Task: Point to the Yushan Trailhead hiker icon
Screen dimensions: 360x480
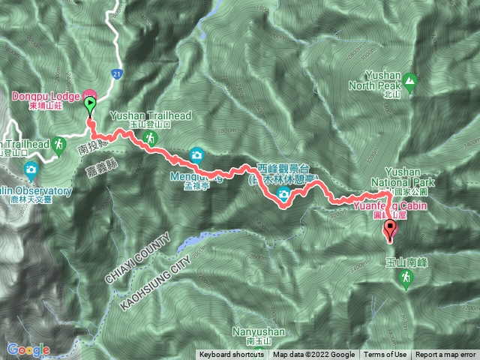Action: (x=151, y=139)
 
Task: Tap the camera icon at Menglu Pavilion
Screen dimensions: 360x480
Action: (x=196, y=154)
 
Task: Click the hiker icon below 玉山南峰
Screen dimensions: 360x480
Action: (x=406, y=277)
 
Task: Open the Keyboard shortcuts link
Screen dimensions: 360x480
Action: (x=231, y=355)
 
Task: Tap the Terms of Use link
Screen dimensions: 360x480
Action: (x=385, y=355)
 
